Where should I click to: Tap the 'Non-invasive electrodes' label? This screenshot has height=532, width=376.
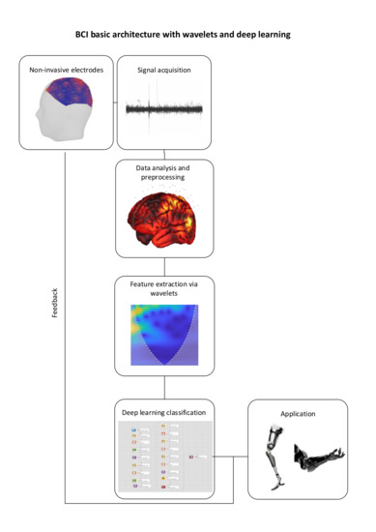66,70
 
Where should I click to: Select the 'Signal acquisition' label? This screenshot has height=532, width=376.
165,70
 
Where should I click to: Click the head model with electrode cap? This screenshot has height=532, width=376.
64,111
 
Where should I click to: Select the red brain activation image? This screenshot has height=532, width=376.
163,221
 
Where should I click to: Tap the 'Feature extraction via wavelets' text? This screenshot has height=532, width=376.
163,289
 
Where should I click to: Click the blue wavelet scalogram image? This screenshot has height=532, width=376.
163,337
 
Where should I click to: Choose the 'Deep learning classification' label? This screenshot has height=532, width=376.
163,410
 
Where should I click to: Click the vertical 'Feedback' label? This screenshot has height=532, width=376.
54,329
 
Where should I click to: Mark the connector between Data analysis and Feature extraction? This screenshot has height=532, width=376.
163,266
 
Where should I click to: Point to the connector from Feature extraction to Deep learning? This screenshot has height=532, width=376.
163,386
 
